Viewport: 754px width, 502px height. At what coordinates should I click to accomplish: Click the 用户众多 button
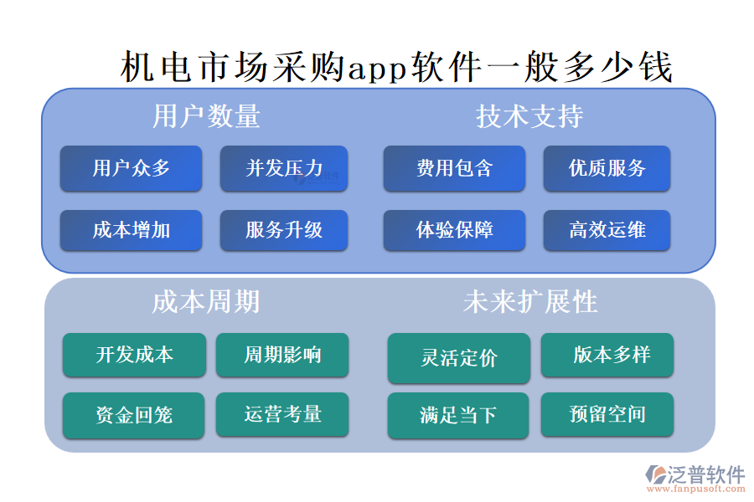[x=131, y=168]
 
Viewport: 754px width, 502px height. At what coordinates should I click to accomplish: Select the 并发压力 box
[x=284, y=168]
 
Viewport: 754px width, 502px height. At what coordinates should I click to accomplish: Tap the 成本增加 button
[x=131, y=230]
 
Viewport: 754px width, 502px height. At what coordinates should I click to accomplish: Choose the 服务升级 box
[x=284, y=230]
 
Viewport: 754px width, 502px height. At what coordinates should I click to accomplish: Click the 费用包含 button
[x=454, y=168]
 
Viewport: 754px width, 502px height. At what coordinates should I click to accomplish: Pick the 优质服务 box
[x=607, y=168]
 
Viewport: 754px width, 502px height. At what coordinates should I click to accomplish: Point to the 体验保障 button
[x=454, y=230]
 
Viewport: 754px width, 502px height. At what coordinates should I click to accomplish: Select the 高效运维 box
[x=607, y=230]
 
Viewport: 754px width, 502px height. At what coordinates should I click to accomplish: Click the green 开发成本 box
[x=134, y=355]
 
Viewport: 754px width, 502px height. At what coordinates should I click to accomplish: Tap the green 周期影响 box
[x=282, y=355]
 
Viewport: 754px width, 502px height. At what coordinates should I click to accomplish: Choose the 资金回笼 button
[x=134, y=415]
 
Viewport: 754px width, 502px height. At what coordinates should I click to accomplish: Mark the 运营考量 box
[x=282, y=414]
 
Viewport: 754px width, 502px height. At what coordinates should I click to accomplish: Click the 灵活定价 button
[x=458, y=358]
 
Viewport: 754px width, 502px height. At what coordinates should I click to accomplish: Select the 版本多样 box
[x=607, y=355]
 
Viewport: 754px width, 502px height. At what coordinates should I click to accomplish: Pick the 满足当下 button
[x=458, y=415]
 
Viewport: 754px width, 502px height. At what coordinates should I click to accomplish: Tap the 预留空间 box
[x=607, y=414]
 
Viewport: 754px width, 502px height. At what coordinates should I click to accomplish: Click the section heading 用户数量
[x=206, y=116]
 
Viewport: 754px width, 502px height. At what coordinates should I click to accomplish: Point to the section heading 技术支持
[x=529, y=116]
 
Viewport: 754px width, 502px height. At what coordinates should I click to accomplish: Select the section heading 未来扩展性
[x=529, y=302]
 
